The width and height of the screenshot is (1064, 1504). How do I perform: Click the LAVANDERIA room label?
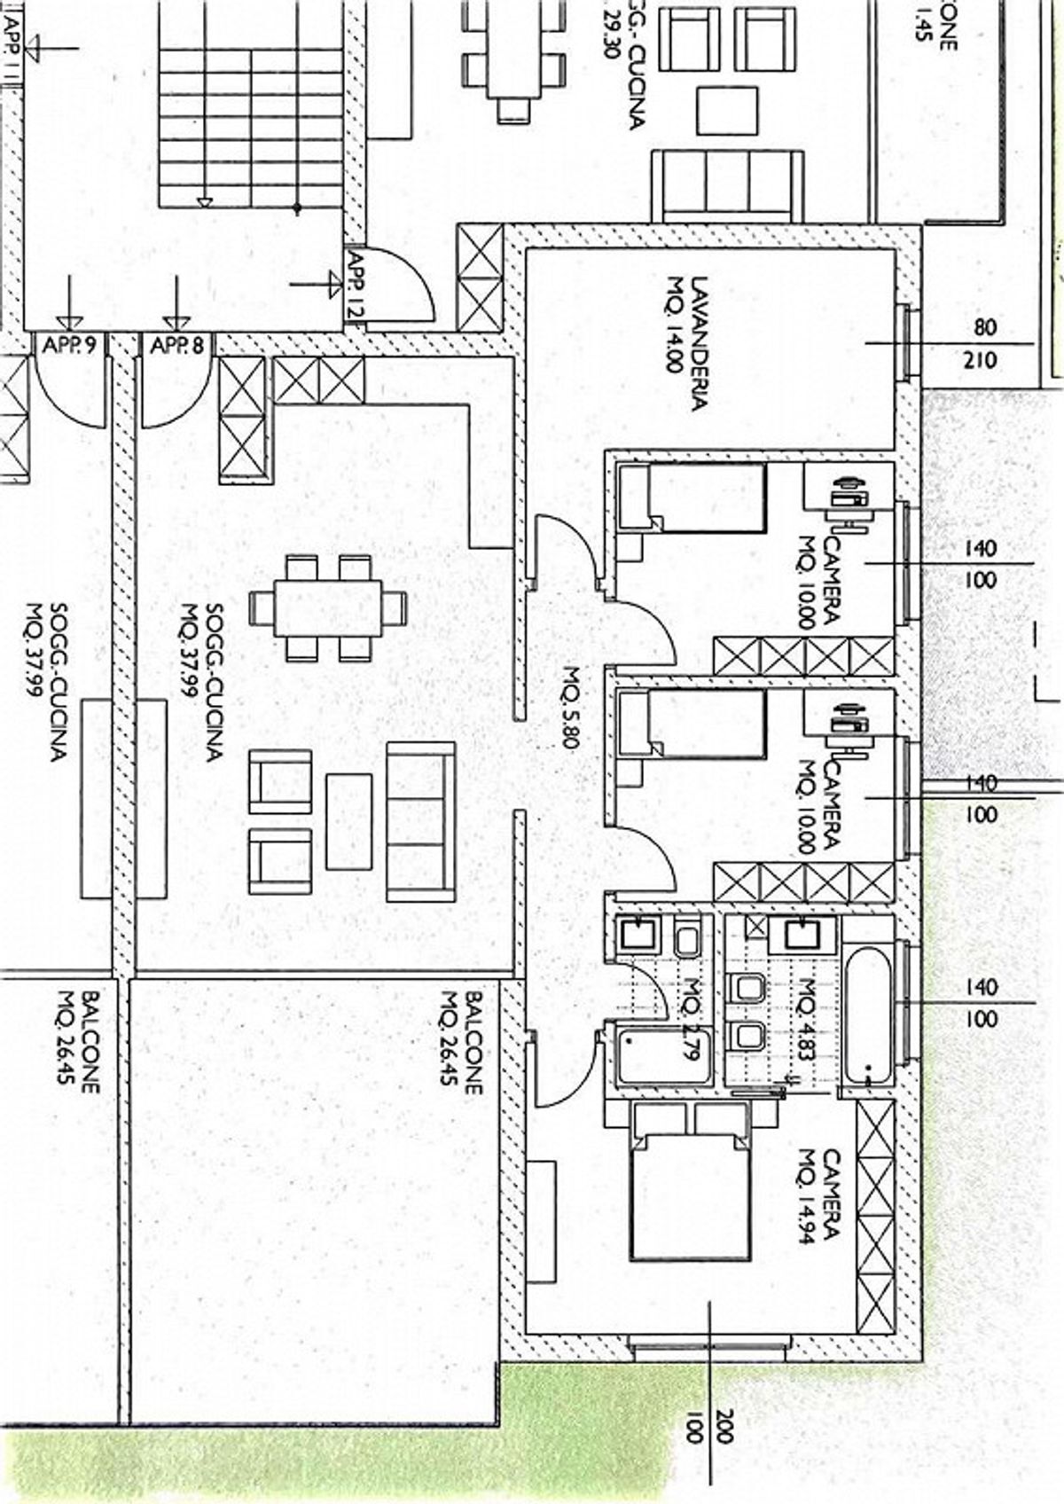coord(688,344)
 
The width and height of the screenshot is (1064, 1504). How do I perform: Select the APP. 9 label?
coord(69,346)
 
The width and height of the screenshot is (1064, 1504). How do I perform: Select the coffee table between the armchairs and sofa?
coord(348,821)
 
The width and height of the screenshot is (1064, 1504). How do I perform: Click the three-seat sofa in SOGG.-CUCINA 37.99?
coord(421,821)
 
